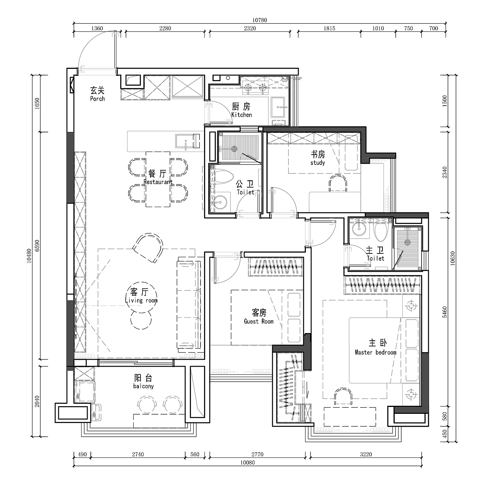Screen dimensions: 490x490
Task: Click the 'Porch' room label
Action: click(97, 99)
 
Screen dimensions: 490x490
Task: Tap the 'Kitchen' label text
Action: click(242, 115)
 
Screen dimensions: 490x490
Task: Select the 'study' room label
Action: click(318, 163)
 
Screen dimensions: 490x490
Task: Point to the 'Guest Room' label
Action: click(259, 322)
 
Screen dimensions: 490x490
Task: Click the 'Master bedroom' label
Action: click(376, 352)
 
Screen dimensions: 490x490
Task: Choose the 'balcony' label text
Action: click(144, 386)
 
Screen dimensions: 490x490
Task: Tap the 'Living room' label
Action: click(141, 301)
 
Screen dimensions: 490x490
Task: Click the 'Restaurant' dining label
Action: click(158, 182)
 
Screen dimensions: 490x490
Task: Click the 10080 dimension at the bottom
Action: click(247, 462)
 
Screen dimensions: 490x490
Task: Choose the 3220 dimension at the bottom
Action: click(366, 454)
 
